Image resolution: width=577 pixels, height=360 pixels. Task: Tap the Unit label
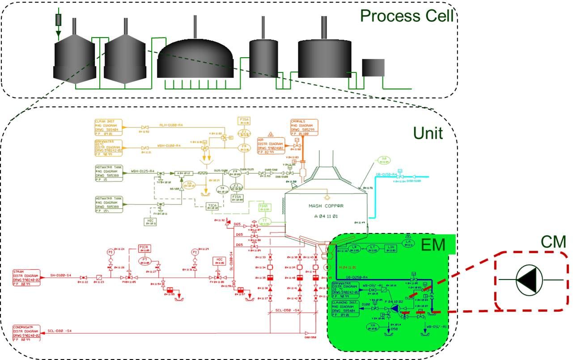click(428, 133)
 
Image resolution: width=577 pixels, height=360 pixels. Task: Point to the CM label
click(553, 242)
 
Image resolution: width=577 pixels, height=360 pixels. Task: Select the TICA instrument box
click(212, 206)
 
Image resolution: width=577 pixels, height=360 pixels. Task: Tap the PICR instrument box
click(143, 249)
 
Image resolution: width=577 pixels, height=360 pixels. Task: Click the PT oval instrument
click(144, 260)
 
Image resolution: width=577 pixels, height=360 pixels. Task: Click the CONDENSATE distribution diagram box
click(26, 333)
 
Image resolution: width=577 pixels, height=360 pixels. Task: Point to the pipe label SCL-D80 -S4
click(59, 331)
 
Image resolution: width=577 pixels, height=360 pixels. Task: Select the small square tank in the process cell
click(373, 67)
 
